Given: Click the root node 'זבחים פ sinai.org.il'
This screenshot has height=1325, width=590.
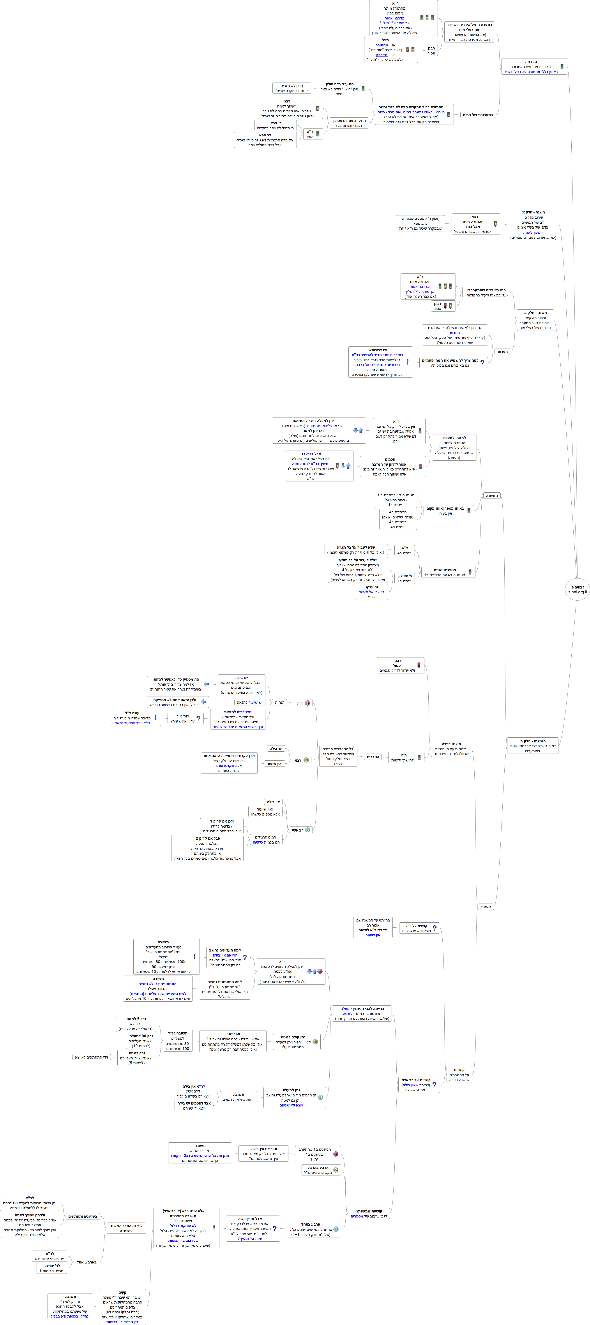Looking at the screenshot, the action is (x=577, y=589).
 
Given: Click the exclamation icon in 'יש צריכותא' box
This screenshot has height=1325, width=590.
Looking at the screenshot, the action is (x=407, y=362).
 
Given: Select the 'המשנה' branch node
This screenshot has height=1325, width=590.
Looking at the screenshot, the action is (x=492, y=496).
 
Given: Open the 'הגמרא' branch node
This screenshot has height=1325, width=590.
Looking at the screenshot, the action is (x=486, y=907).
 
